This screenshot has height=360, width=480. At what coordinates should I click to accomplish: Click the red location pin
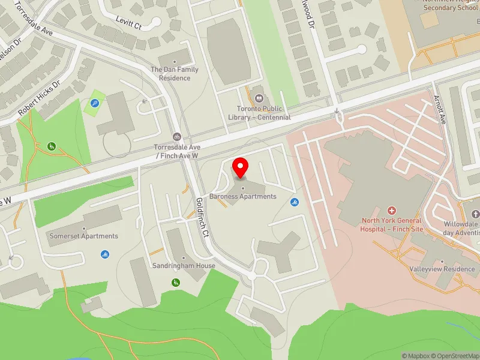coord(241,167)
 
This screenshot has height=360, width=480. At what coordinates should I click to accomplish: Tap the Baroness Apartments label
coord(243,196)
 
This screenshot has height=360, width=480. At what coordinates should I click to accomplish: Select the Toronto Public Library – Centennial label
coord(259,113)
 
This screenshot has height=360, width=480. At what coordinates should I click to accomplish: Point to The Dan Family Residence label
coord(175,74)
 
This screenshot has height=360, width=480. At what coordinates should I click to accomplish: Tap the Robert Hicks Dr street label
coord(40,98)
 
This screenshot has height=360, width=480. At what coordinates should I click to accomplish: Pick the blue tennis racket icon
coord(95,103)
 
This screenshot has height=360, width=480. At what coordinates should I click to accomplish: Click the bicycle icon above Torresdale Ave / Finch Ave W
coord(176,136)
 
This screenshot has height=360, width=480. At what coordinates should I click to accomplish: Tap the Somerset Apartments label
coord(83,236)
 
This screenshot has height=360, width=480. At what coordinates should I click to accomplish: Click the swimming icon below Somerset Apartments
coord(105,254)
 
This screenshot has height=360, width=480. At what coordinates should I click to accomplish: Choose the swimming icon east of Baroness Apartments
coord(294,202)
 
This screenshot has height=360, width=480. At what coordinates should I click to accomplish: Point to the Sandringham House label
coord(175,265)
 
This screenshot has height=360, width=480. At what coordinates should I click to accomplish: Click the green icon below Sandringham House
coord(176,282)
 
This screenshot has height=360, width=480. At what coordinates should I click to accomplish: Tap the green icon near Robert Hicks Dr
coord(52,146)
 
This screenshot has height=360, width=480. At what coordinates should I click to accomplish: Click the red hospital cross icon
coord(392,211)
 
